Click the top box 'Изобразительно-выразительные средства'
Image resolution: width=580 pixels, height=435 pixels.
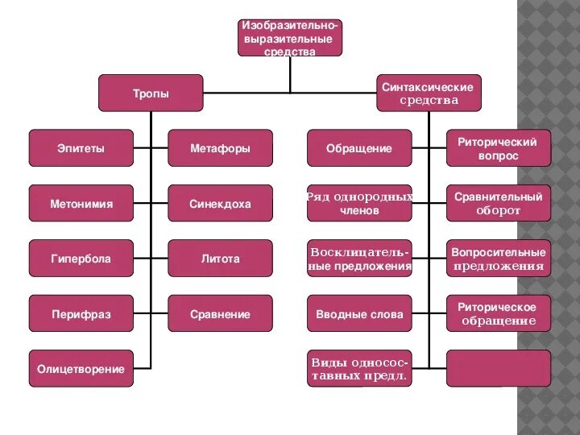[x=290, y=38]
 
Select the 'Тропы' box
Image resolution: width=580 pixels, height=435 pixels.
[x=151, y=93]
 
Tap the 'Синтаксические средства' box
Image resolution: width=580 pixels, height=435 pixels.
[x=429, y=93]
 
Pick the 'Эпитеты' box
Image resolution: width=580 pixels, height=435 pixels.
[x=81, y=148]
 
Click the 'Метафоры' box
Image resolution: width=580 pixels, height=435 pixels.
[x=220, y=148]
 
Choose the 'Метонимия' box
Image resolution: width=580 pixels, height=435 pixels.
[x=81, y=204]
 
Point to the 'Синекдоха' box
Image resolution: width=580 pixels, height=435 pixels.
[x=220, y=204]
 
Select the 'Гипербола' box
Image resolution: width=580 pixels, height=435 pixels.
[x=81, y=259]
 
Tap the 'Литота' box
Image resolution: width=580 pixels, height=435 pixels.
[x=220, y=259]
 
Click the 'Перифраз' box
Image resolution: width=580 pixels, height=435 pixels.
[x=81, y=314]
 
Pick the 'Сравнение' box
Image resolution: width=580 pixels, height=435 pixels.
[x=220, y=314]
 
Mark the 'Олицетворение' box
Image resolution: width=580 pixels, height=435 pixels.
[x=81, y=369]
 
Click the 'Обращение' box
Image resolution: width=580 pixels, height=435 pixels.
[x=359, y=148]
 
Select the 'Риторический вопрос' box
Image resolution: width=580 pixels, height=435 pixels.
[x=499, y=148]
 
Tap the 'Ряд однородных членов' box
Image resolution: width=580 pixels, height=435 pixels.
[x=359, y=204]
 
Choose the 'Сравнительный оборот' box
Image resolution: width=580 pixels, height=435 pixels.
[x=499, y=204]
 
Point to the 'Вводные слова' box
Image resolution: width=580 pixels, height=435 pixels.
[x=359, y=314]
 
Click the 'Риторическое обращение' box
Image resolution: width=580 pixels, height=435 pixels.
[x=499, y=314]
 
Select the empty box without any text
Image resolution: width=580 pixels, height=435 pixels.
[x=499, y=369]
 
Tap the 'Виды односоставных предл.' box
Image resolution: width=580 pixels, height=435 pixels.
[x=359, y=369]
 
